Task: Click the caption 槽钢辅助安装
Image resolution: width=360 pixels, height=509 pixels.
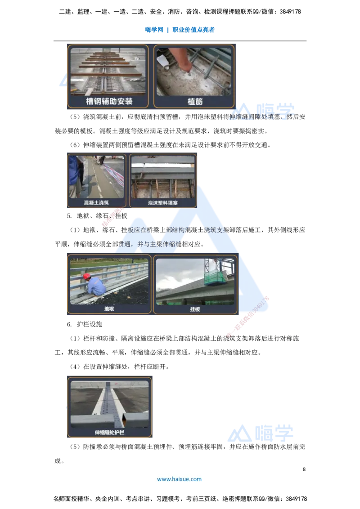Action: (x=109, y=102)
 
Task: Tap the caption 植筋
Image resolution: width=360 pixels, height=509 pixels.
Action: (x=195, y=102)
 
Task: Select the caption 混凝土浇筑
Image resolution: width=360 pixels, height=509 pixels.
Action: (x=96, y=203)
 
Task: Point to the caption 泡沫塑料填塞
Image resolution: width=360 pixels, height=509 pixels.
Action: (x=163, y=203)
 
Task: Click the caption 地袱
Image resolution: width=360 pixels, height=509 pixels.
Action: (x=109, y=309)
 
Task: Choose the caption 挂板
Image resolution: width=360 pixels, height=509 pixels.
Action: (x=195, y=309)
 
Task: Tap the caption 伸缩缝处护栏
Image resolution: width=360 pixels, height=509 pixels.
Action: (x=109, y=433)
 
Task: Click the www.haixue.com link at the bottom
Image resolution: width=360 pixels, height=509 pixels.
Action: (x=179, y=479)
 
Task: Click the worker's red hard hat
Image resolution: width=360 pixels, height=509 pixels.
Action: (x=87, y=276)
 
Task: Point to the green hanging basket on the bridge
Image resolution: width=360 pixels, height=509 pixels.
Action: (x=214, y=278)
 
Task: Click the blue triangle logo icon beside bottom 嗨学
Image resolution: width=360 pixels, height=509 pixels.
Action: (x=239, y=433)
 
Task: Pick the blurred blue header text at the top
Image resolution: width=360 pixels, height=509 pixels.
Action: (x=180, y=30)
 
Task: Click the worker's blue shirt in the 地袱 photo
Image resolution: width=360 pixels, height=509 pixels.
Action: (x=96, y=286)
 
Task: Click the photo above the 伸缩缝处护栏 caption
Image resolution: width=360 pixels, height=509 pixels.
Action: (x=109, y=404)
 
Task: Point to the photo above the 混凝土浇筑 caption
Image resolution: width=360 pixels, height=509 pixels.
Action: (x=96, y=177)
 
